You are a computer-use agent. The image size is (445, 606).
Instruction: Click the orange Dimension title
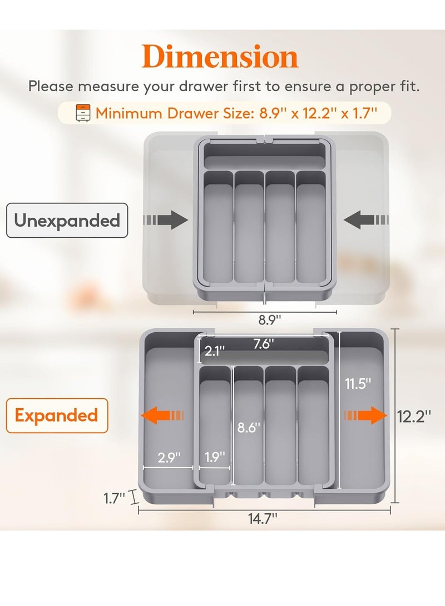click(x=220, y=58)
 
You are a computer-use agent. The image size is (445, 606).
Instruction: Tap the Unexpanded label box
click(x=67, y=221)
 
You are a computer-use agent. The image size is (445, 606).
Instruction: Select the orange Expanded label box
click(x=57, y=415)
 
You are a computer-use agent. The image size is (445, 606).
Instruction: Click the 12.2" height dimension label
click(x=414, y=416)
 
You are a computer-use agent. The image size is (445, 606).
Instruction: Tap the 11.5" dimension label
click(x=356, y=384)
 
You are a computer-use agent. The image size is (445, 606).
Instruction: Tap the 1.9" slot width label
click(x=214, y=458)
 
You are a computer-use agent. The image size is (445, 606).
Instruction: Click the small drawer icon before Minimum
click(x=82, y=113)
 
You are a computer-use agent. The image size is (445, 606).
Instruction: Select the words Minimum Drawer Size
click(x=175, y=113)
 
